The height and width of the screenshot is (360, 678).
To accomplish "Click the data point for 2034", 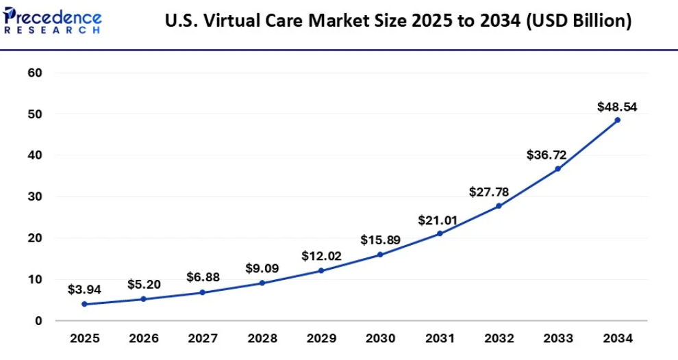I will click(617, 120).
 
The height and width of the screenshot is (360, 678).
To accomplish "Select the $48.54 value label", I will click(617, 107).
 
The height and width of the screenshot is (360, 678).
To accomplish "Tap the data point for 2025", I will click(84, 304).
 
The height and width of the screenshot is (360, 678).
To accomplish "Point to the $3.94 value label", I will click(84, 290).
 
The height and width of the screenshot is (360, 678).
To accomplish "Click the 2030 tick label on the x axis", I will click(380, 338).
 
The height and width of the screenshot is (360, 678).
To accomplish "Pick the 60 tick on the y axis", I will click(34, 73).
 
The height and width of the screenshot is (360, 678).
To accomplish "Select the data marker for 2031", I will click(440, 233).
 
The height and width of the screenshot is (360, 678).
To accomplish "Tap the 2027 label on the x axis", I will click(203, 338).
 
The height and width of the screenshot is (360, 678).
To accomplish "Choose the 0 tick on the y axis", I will click(38, 321).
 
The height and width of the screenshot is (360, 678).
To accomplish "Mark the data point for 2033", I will click(558, 168).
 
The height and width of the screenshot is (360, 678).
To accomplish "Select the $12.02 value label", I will click(321, 257).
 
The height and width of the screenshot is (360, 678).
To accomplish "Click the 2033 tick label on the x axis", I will click(558, 338).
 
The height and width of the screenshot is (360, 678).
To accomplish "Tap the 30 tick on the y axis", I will click(34, 197).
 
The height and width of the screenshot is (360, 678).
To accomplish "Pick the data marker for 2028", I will click(262, 283).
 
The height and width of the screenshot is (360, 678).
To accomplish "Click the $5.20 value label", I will click(144, 284).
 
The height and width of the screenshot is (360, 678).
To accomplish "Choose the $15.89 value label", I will click(380, 240).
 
